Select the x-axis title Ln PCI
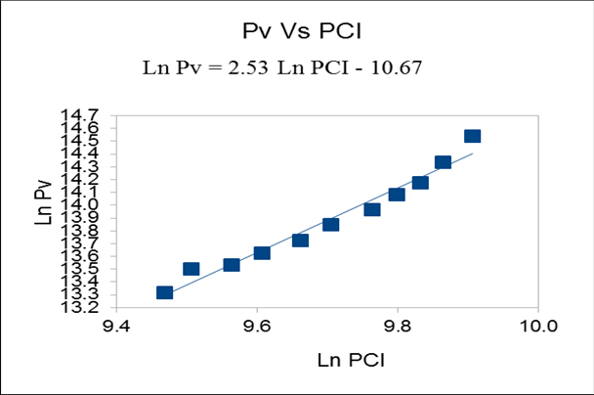[351, 360]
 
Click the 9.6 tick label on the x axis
[257, 326]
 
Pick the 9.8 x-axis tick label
[398, 326]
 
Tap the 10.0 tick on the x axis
[538, 326]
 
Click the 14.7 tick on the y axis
[93, 115]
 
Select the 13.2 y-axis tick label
[93, 306]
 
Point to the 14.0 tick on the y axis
[93, 204]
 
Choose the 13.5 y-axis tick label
[93, 268]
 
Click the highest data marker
[472, 137]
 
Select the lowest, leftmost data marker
[164, 292]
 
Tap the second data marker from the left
[191, 269]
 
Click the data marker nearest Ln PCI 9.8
[397, 194]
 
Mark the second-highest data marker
[443, 162]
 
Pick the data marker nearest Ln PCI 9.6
[262, 252]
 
